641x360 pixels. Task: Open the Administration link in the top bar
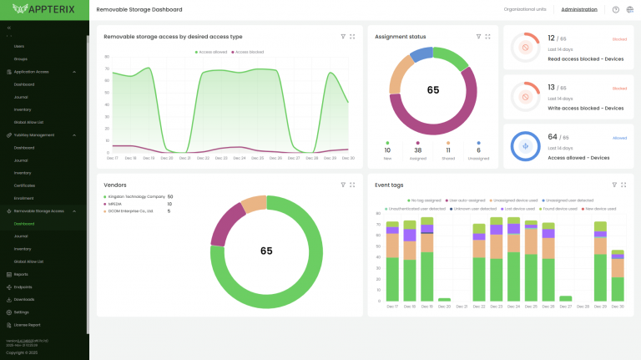579,9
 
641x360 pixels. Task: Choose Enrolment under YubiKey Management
23,198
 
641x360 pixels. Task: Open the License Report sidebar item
28,324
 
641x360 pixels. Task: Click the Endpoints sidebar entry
23,286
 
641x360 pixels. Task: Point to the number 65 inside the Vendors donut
266,251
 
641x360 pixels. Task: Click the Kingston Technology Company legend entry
136,196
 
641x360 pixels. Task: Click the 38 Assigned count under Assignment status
416,150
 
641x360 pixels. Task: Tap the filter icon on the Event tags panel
614,184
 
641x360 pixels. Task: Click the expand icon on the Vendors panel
352,184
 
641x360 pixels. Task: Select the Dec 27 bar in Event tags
566,298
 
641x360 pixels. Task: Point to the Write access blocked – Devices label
585,108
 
